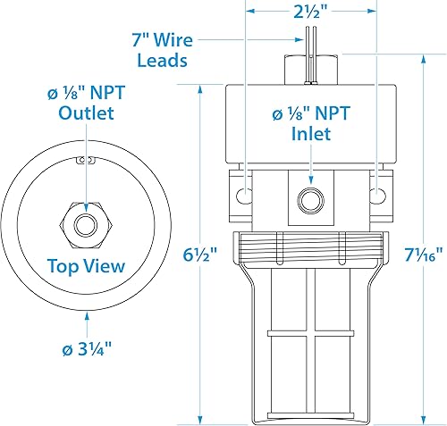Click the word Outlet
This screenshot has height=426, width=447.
pos(86,113)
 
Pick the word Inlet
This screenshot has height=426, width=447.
pos(309,134)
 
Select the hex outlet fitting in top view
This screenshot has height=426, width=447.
pos(86,220)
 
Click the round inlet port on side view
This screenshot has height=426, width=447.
pos(310,197)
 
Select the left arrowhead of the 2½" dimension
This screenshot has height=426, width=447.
pos(250,12)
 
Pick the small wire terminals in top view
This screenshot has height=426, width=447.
pos(86,161)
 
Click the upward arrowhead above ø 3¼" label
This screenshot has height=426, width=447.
pos(86,315)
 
